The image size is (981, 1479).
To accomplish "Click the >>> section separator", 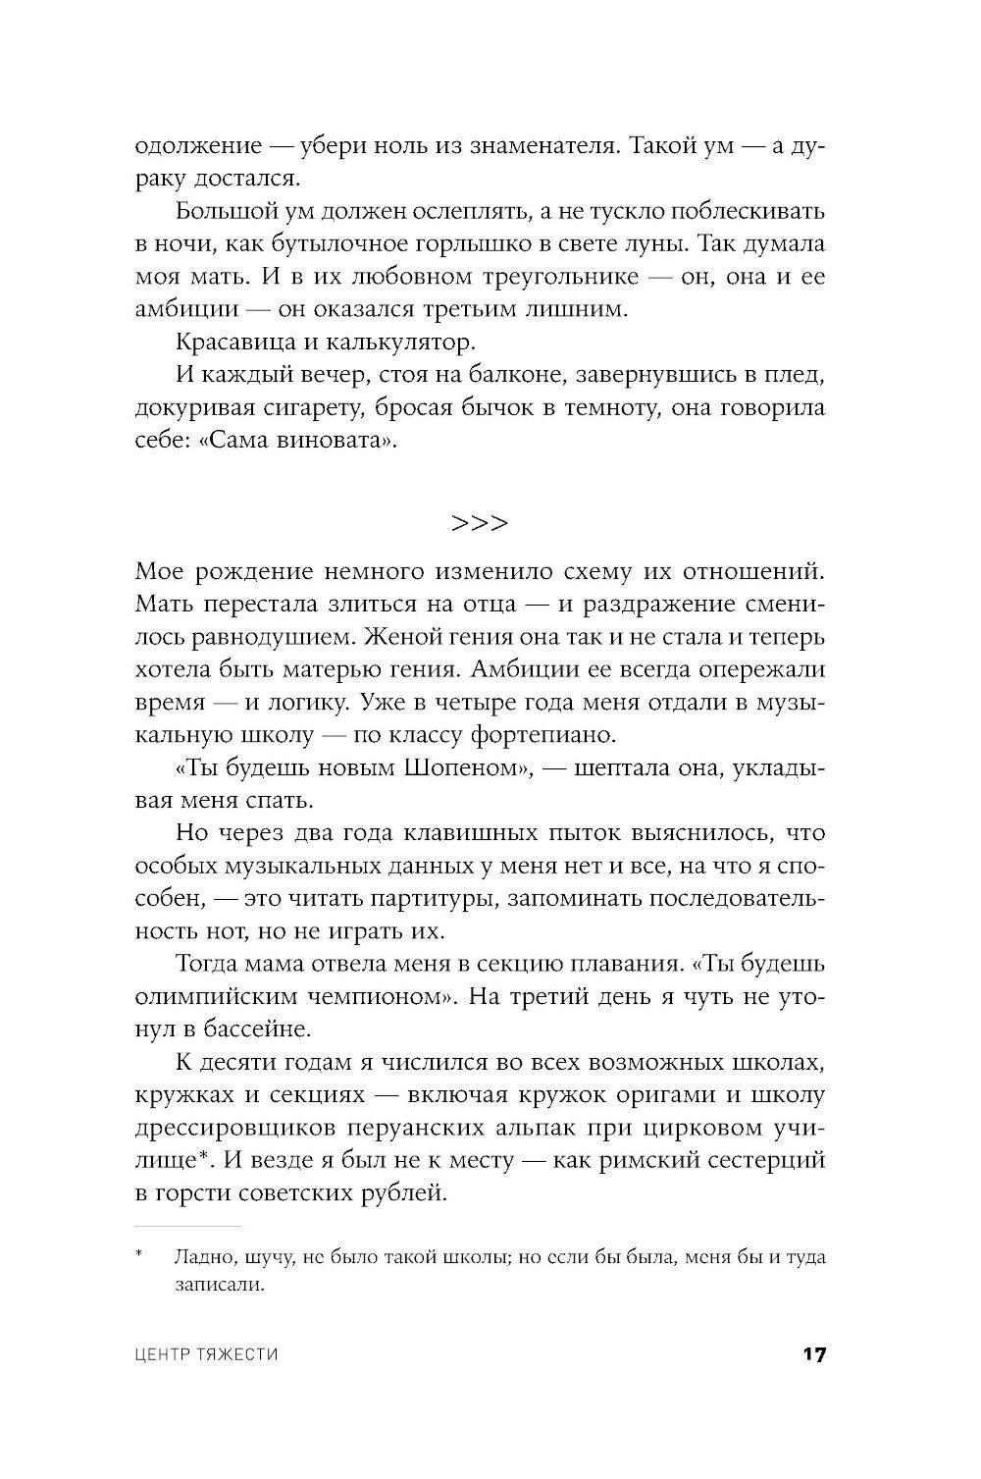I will click(480, 522).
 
